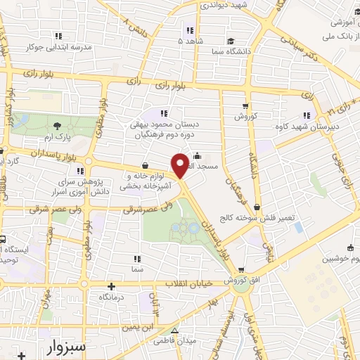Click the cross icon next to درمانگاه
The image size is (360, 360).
point(112,285)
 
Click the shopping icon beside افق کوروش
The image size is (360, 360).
point(241,269)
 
